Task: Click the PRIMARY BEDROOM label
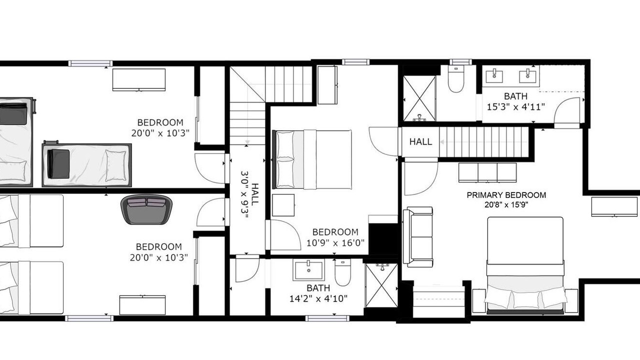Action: pyautogui.click(x=506, y=195)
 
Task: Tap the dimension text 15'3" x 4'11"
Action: pyautogui.click(x=515, y=107)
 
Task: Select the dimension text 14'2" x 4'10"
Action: pyautogui.click(x=318, y=298)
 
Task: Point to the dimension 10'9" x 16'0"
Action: pyautogui.click(x=335, y=243)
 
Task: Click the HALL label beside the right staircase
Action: pyautogui.click(x=420, y=141)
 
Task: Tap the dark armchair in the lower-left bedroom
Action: pyautogui.click(x=146, y=209)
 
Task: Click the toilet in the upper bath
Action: pyautogui.click(x=455, y=79)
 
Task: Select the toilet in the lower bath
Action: pyautogui.click(x=342, y=272)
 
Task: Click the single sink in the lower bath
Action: pyautogui.click(x=308, y=270)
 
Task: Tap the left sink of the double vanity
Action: pyautogui.click(x=494, y=76)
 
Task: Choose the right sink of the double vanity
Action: pyautogui.click(x=527, y=76)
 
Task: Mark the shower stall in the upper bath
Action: pyautogui.click(x=419, y=98)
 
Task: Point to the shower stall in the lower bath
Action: pyautogui.click(x=381, y=285)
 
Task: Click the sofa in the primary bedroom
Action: pyautogui.click(x=417, y=237)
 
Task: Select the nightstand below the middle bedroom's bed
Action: pyautogui.click(x=283, y=205)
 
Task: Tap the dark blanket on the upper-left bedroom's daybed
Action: pyautogui.click(x=58, y=163)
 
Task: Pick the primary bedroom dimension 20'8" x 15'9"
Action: pyautogui.click(x=506, y=204)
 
